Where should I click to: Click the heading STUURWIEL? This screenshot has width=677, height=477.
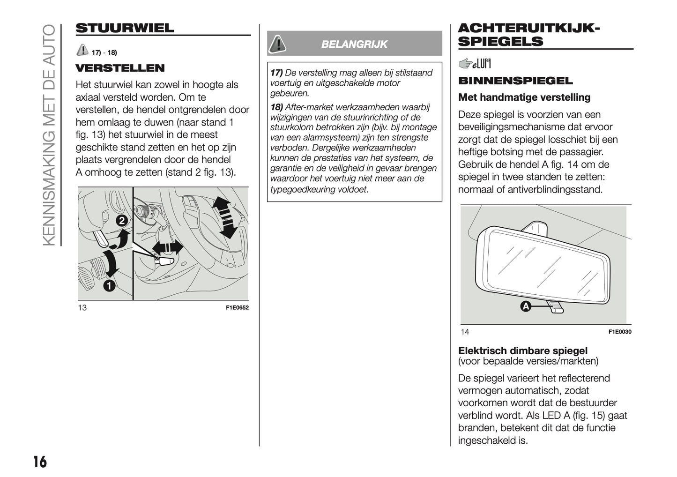(x=125, y=28)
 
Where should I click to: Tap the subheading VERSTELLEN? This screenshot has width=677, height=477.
(x=120, y=68)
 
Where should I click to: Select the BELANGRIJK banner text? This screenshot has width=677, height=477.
(x=354, y=44)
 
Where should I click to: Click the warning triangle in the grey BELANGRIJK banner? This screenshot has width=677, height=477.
(x=278, y=44)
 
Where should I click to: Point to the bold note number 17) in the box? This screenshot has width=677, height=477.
(x=276, y=73)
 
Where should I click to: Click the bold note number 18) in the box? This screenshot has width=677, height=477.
(x=276, y=107)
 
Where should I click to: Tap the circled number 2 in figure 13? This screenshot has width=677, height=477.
(x=121, y=221)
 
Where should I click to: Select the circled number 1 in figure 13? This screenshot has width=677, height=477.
(x=109, y=285)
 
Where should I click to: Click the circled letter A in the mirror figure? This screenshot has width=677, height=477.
(x=526, y=306)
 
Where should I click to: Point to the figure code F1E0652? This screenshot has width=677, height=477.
(x=237, y=308)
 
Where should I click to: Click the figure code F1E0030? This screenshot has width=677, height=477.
(x=620, y=332)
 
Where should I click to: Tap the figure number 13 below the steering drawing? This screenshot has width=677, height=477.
(x=82, y=308)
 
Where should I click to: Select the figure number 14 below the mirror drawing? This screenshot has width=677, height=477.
(x=465, y=332)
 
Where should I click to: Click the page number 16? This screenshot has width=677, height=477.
(x=40, y=462)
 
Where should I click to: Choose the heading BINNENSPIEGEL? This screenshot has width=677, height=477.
(x=515, y=81)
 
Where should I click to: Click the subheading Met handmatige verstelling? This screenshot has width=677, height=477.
(x=524, y=97)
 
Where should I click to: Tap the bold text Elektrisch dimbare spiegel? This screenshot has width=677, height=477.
(x=522, y=350)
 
